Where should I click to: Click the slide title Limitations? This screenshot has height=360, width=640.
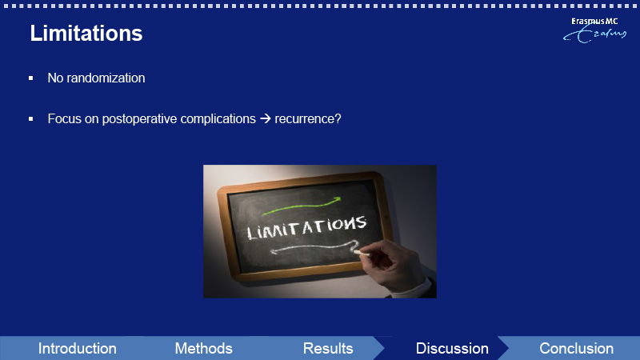tap(86, 33)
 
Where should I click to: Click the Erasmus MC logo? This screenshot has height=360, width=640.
tap(594, 30)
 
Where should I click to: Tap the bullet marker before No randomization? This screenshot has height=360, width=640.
tap(31, 78)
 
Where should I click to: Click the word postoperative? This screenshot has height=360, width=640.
tap(139, 118)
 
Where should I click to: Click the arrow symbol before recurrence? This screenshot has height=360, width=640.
tap(266, 118)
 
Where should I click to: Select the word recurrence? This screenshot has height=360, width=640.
tap(308, 118)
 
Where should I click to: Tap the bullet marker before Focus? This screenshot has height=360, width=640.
tap(31, 118)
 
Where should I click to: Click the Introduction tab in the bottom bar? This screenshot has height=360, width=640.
tap(77, 349)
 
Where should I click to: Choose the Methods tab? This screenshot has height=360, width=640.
tap(204, 349)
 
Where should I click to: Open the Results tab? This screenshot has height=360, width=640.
tap(328, 349)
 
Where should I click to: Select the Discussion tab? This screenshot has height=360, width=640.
tap(452, 349)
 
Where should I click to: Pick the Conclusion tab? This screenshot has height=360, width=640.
tap(576, 349)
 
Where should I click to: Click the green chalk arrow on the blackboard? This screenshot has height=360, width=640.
tap(302, 207)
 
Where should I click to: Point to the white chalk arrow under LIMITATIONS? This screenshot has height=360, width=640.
tap(314, 247)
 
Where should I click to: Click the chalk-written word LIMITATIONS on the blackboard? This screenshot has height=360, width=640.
tap(307, 227)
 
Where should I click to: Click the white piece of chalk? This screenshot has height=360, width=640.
tap(362, 254)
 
